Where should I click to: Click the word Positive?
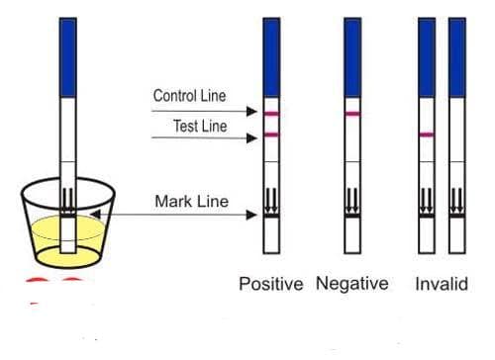[x=271, y=284]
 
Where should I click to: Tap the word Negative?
[x=352, y=284]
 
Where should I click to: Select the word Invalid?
[x=442, y=284]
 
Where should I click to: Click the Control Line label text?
[x=189, y=96]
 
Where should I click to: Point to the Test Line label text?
[x=200, y=126]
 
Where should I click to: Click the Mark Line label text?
[x=192, y=201]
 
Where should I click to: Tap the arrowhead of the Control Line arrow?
[x=252, y=112]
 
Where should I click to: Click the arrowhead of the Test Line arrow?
[x=252, y=138]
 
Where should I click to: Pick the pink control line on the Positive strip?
[x=271, y=114]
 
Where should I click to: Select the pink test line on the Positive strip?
[x=271, y=135]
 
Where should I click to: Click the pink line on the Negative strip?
[x=352, y=114]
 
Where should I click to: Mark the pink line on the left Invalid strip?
[x=427, y=135]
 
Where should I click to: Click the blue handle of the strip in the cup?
[x=68, y=57]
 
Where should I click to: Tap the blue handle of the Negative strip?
[x=352, y=57]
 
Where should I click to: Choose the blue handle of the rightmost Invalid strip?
[x=457, y=57]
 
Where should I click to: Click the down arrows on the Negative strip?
[x=352, y=200]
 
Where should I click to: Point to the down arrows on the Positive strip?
[x=271, y=200]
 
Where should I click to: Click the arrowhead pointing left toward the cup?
[x=95, y=215]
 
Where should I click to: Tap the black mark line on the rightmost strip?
[x=457, y=216]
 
